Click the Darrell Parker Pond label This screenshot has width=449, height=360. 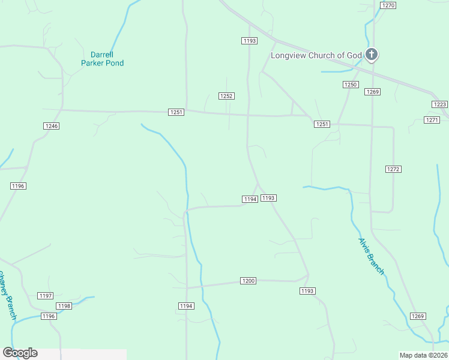(103, 58)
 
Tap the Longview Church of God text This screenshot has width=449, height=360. (316, 56)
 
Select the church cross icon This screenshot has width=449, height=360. (372, 55)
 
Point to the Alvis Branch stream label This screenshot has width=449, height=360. (371, 256)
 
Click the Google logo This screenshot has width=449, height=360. (20, 353)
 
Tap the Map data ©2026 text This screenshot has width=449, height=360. (423, 355)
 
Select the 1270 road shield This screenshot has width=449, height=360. (388, 5)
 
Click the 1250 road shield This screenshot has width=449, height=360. (351, 85)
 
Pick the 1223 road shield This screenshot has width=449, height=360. (439, 104)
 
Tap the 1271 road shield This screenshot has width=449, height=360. (432, 120)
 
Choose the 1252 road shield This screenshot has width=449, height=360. (226, 96)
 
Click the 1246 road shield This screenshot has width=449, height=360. (51, 126)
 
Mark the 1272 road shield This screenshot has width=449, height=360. (393, 170)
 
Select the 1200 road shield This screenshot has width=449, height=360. (248, 281)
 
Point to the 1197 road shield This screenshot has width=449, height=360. (46, 296)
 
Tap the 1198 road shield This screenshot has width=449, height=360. (64, 306)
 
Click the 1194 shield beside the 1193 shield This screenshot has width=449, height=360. (250, 199)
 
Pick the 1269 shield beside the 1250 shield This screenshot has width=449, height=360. (372, 92)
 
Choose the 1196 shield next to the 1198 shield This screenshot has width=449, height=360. (49, 316)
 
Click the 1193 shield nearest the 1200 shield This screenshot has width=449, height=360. (307, 291)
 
